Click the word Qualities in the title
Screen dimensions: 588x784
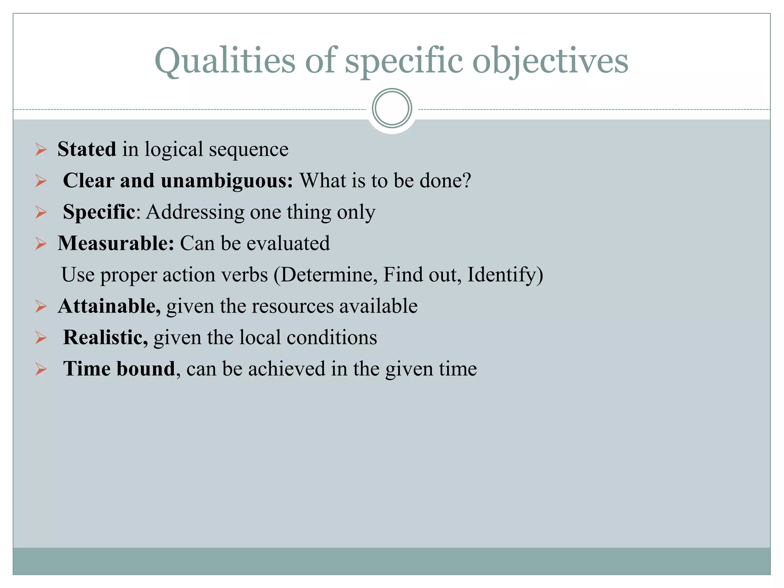coord(225,61)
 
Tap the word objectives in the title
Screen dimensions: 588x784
coord(550,61)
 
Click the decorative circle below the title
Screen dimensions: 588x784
coord(392,108)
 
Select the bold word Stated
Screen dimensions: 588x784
coord(87,149)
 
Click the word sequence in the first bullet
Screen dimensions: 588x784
coord(248,150)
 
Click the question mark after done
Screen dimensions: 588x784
coord(466,180)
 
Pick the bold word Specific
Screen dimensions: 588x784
coord(99,212)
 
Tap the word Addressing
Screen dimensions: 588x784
coord(195,212)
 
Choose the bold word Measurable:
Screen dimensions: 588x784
coord(116,243)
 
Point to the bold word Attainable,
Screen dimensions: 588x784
coord(109,306)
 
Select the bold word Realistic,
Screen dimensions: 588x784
coord(105,337)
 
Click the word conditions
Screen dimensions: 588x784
coord(332,337)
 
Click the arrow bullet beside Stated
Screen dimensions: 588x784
coord(41,149)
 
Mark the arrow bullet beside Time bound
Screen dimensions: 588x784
coord(41,369)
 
